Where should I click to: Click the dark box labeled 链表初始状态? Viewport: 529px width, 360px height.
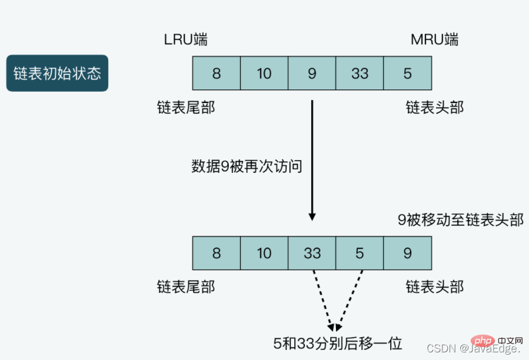pos(57,73)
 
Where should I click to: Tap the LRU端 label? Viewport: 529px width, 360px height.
pos(185,39)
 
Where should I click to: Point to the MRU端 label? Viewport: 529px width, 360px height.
pos(434,39)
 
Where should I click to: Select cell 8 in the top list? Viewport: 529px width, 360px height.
pos(217,73)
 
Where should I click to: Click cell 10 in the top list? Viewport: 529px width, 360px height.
pos(264,73)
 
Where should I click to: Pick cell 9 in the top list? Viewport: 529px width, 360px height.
pos(312,73)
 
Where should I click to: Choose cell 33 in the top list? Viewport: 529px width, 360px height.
pos(360,73)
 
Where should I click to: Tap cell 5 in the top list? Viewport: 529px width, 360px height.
pos(408,73)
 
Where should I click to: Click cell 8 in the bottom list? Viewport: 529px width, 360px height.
pos(217,253)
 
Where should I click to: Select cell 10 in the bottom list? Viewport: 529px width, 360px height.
pos(264,253)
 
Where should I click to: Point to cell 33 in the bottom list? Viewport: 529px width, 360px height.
pos(312,253)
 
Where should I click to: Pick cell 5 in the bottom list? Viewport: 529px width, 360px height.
pos(360,253)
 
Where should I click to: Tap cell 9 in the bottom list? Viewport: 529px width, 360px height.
pos(408,253)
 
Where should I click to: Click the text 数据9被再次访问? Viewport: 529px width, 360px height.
pos(247,166)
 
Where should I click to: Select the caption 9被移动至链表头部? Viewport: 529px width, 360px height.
pos(461,220)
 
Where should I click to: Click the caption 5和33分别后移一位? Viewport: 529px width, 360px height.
pos(338,344)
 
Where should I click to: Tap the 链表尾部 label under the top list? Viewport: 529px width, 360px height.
pos(186,108)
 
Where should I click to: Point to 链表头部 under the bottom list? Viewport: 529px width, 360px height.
pos(434,287)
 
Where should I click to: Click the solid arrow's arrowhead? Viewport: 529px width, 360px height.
pos(312,216)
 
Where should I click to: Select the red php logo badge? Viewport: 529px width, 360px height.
pos(483,341)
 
